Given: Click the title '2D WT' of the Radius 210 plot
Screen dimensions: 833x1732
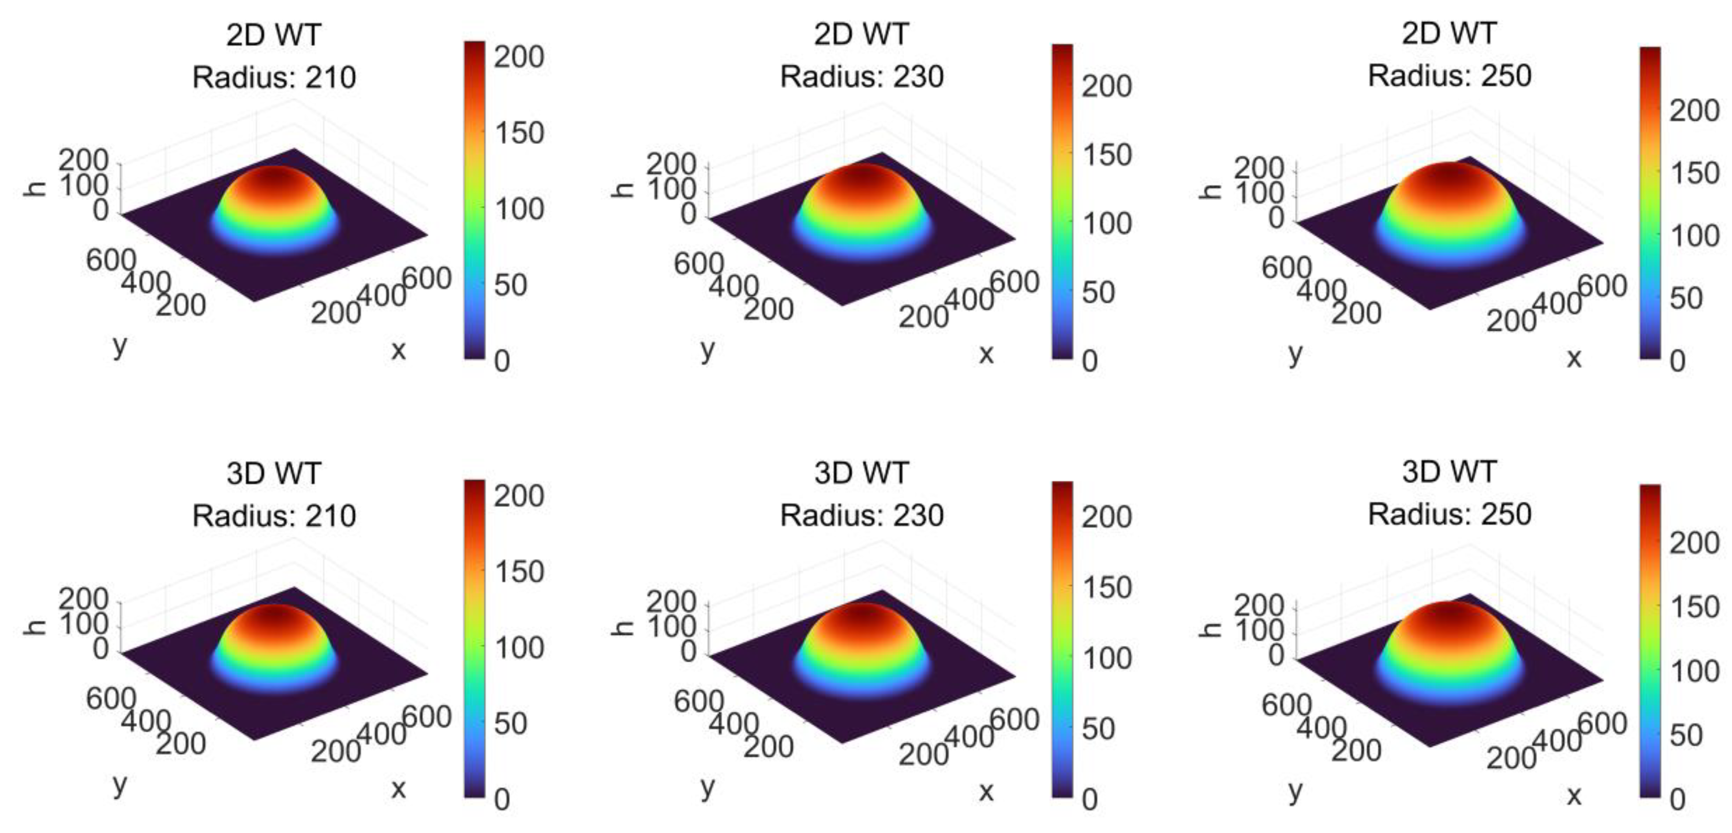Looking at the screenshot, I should click(274, 35).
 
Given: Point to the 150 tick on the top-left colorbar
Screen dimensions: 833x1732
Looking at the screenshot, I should click(519, 133).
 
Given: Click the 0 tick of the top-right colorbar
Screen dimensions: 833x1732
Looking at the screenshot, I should click(1678, 362).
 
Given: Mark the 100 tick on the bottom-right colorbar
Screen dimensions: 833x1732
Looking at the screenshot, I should click(1693, 672).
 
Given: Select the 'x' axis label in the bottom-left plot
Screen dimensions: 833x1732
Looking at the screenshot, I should click(398, 788).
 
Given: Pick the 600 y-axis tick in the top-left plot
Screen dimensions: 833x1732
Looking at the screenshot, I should click(111, 260).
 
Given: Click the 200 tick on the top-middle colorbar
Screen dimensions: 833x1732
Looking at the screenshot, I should click(1107, 86).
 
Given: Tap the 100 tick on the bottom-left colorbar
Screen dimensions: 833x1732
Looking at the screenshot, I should click(519, 648).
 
